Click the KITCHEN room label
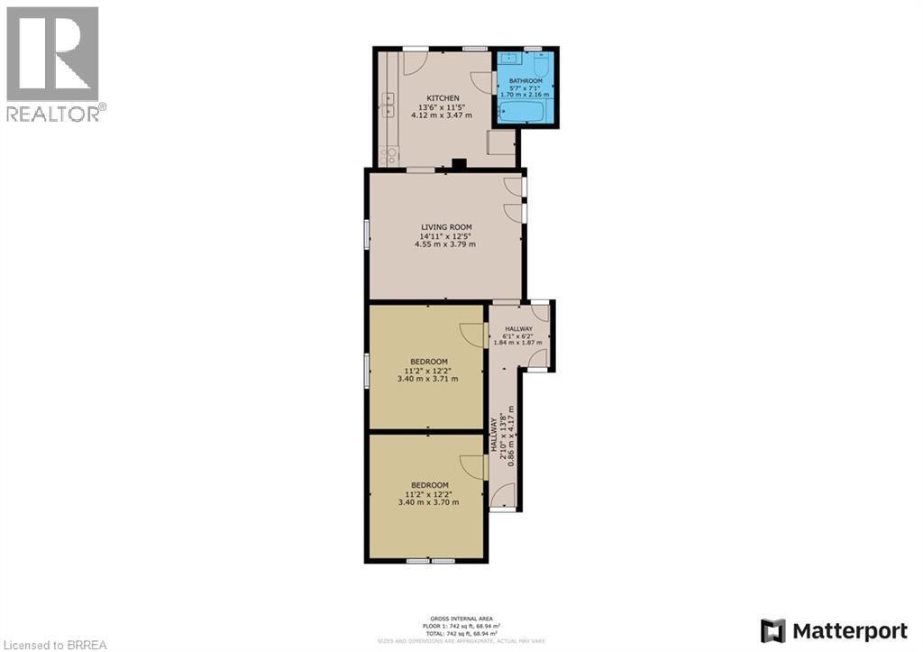point(443,98)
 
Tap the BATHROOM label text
point(525,80)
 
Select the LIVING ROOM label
point(446,227)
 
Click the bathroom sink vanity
point(511,60)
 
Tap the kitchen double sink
point(388,106)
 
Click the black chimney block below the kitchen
point(459,164)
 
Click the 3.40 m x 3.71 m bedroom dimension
point(427,379)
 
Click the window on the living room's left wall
point(366,234)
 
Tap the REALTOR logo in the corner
point(53,63)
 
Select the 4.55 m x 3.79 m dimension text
point(444,244)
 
